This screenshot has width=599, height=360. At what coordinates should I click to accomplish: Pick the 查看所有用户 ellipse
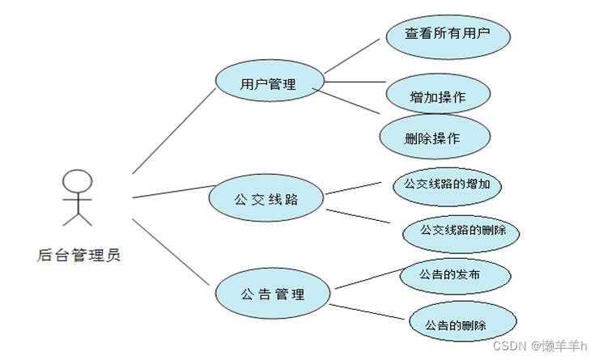pyautogui.click(x=448, y=35)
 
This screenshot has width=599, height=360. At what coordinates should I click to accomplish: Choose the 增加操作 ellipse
pyautogui.click(x=438, y=96)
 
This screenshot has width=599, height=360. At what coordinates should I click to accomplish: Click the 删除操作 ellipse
pyautogui.click(x=435, y=137)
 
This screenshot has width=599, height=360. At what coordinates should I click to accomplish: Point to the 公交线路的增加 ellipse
pyautogui.click(x=447, y=184)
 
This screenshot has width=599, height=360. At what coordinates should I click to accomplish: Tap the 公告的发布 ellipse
pyautogui.click(x=455, y=276)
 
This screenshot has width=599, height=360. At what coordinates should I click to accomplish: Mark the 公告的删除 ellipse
pyautogui.click(x=462, y=325)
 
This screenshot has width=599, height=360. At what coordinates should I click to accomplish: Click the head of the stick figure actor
pyautogui.click(x=77, y=180)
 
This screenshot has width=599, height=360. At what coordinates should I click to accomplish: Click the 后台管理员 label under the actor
pyautogui.click(x=79, y=256)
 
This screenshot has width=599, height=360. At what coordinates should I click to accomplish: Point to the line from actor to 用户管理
pyautogui.click(x=174, y=130)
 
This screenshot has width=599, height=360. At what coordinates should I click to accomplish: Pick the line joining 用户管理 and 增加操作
pyautogui.click(x=355, y=82)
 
